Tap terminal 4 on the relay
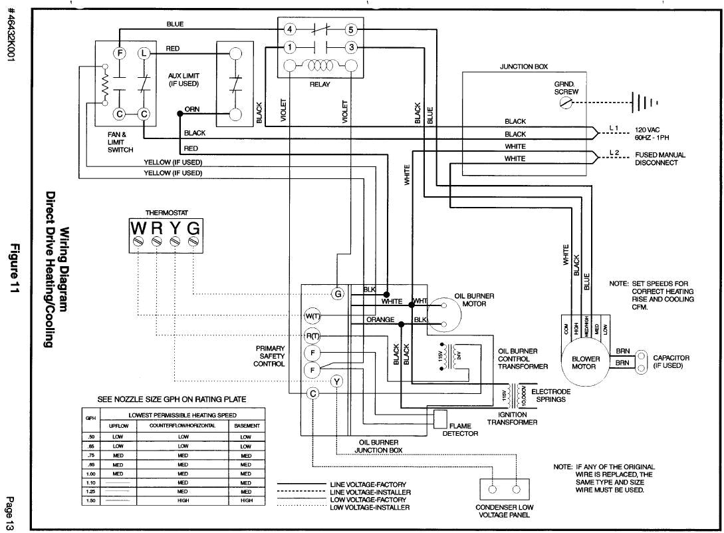tap(289, 29)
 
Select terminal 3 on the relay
tap(352, 47)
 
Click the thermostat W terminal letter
tap(138, 228)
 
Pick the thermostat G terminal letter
tap(193, 228)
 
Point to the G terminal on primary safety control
tap(338, 293)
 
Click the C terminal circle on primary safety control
tap(312, 393)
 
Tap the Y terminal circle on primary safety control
tap(337, 381)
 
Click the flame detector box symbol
tap(439, 419)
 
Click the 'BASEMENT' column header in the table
tap(246, 425)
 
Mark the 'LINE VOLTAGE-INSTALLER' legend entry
tap(369, 492)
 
